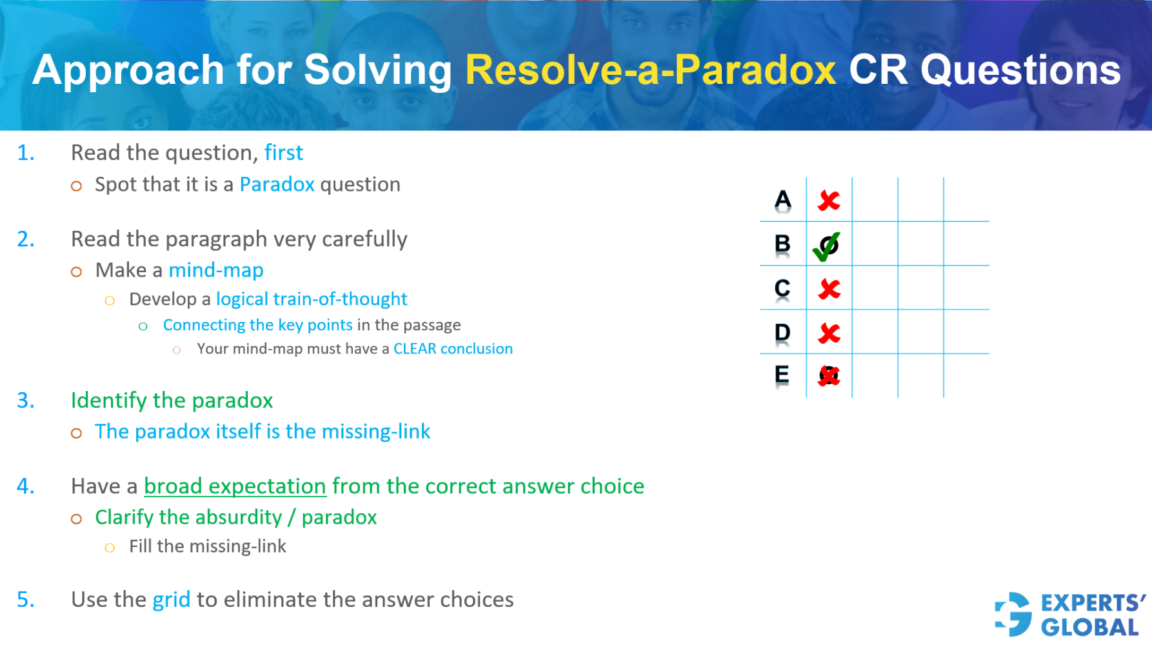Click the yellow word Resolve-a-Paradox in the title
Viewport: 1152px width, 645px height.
click(x=650, y=70)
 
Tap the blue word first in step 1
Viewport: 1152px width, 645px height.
click(x=283, y=153)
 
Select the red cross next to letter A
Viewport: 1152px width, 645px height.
click(x=829, y=201)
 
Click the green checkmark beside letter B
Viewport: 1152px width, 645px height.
click(x=826, y=246)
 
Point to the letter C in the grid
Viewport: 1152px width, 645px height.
click(x=782, y=288)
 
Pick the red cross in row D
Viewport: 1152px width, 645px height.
click(x=829, y=333)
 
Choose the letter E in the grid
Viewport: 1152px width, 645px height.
click(x=782, y=375)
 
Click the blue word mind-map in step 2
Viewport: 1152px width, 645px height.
click(x=215, y=270)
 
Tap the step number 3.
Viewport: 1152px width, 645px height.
click(x=25, y=401)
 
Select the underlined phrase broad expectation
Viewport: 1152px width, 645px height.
click(x=235, y=486)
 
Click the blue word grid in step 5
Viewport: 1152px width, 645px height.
click(x=171, y=600)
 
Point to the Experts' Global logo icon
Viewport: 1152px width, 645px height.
click(x=1013, y=614)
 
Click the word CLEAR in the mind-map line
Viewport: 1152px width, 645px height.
click(x=415, y=349)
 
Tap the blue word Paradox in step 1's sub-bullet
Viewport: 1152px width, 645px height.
click(x=277, y=184)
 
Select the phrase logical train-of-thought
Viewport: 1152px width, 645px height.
click(x=312, y=299)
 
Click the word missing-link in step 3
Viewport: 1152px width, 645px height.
click(x=375, y=432)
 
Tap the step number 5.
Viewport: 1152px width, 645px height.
click(x=25, y=600)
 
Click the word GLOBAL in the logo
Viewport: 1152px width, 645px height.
click(x=1089, y=628)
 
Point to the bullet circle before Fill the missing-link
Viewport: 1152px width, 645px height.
click(x=110, y=548)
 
